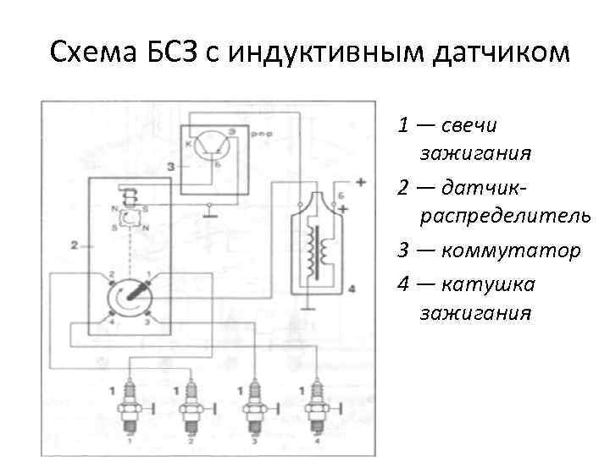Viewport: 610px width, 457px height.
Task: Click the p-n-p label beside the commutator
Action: (263, 135)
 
